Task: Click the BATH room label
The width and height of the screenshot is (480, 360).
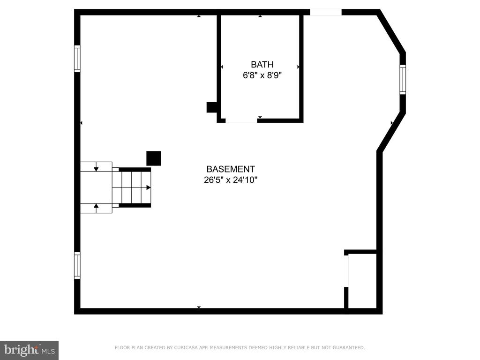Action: pyautogui.click(x=262, y=65)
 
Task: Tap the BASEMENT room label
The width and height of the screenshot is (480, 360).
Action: pyautogui.click(x=231, y=169)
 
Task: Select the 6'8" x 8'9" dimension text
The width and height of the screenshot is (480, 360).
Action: pyautogui.click(x=262, y=75)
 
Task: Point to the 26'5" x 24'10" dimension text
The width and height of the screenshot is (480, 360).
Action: pyautogui.click(x=231, y=180)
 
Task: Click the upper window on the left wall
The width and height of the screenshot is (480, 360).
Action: pyautogui.click(x=77, y=59)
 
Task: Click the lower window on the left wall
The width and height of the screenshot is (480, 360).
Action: pyautogui.click(x=77, y=265)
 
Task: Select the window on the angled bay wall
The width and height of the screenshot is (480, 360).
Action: pyautogui.click(x=403, y=80)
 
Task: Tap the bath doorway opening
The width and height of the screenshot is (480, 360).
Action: pyautogui.click(x=241, y=120)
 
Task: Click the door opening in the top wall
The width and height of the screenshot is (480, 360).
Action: pyautogui.click(x=326, y=12)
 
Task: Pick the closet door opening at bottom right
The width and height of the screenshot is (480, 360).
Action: pyautogui.click(x=346, y=271)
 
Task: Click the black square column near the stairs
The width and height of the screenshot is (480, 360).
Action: pyautogui.click(x=154, y=158)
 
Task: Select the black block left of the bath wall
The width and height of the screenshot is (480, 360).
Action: pyautogui.click(x=212, y=107)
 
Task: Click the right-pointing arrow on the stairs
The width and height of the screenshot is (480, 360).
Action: pyautogui.click(x=149, y=187)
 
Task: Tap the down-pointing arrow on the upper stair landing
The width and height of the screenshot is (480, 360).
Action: pyautogui.click(x=96, y=169)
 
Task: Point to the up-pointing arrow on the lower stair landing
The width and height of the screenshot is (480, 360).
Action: pyautogui.click(x=96, y=206)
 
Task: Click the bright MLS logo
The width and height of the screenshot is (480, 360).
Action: pyautogui.click(x=30, y=350)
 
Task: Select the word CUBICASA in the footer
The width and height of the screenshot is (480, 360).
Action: pyautogui.click(x=186, y=347)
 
